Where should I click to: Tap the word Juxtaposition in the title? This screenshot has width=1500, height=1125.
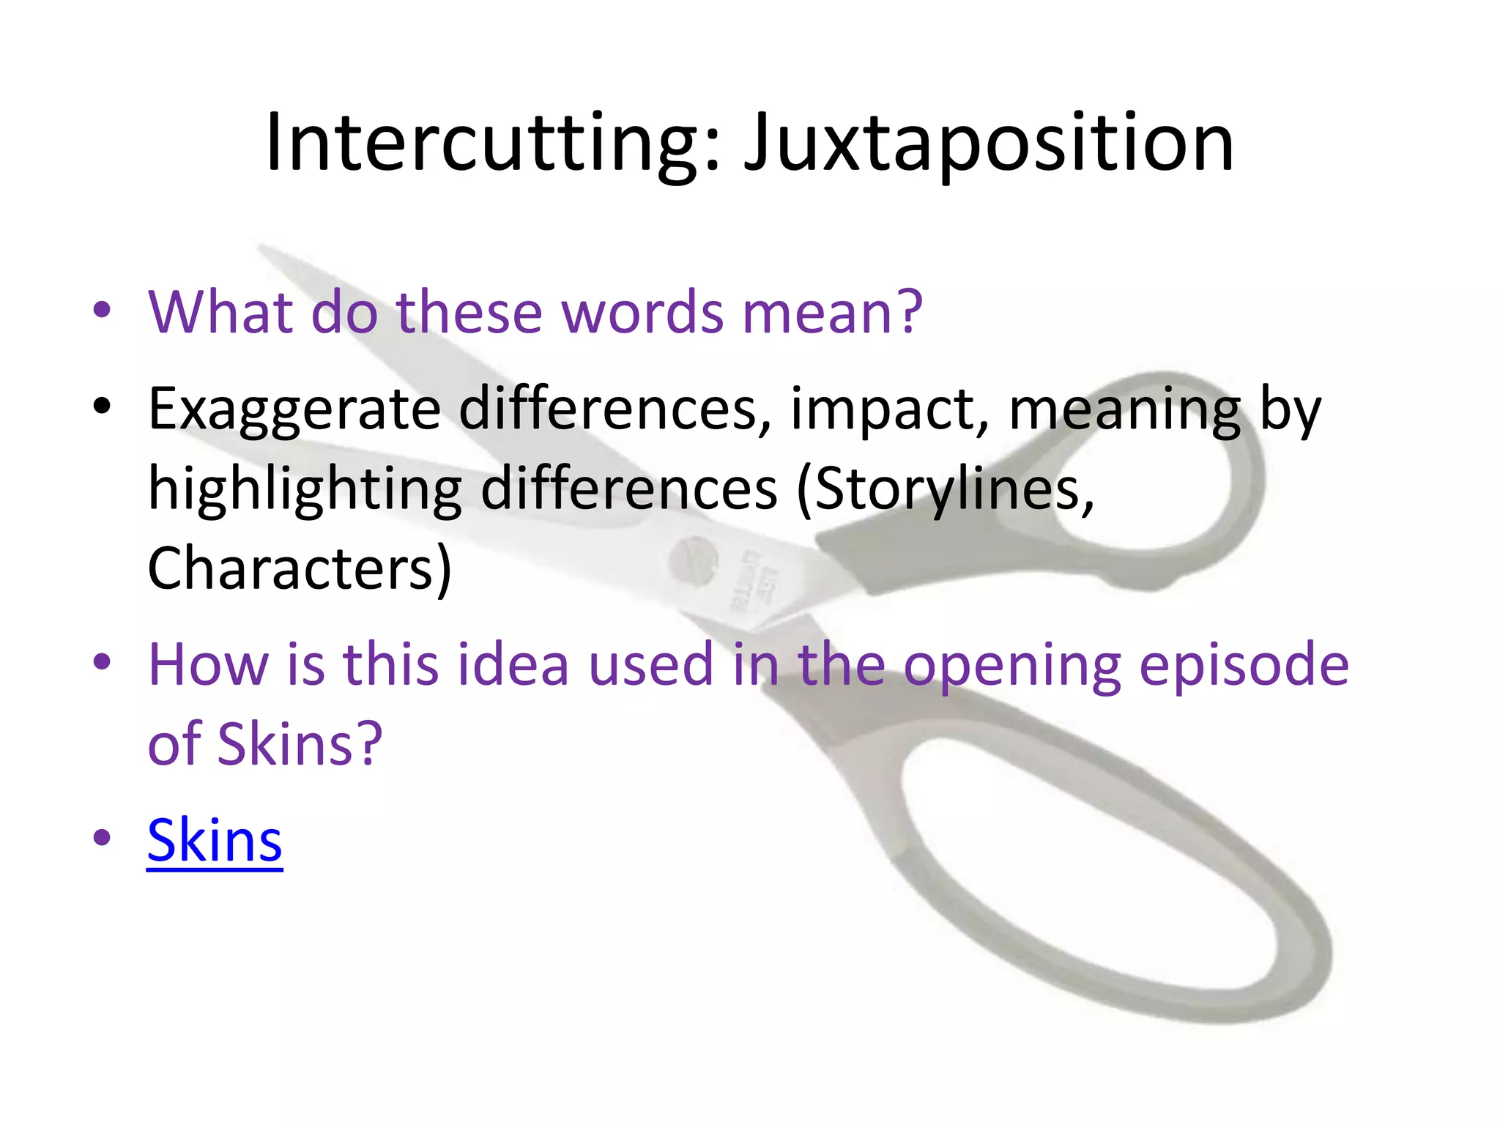click(989, 143)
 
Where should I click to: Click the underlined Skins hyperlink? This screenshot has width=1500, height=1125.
click(215, 840)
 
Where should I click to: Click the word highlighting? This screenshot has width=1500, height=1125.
click(305, 489)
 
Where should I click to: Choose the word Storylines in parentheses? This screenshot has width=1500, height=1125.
click(945, 489)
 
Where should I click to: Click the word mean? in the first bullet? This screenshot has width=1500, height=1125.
click(832, 312)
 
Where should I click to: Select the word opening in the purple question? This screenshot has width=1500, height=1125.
click(1011, 665)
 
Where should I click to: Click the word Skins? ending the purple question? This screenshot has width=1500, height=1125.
click(300, 744)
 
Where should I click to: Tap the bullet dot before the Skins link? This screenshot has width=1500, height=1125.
click(102, 837)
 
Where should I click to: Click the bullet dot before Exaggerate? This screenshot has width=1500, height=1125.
click(102, 405)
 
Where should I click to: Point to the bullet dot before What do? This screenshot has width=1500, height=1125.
click(102, 309)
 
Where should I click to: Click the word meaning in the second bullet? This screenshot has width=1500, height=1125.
click(1125, 409)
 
